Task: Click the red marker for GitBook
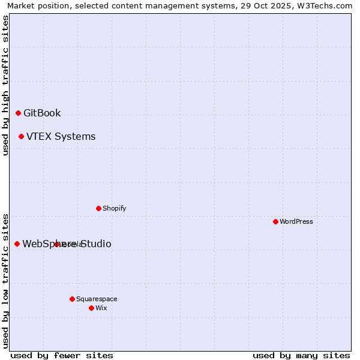tap(18, 113)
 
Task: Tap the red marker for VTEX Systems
tap(21, 137)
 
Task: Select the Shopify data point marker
tap(98, 208)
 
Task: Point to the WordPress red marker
tap(275, 221)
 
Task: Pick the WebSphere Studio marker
tap(17, 244)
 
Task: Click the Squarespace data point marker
tap(72, 299)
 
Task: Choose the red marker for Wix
tap(91, 308)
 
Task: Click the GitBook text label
tap(42, 113)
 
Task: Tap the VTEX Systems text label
tap(61, 137)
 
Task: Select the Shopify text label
tap(114, 208)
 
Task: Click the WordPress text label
tap(296, 221)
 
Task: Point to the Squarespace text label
tap(97, 299)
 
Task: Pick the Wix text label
tap(101, 308)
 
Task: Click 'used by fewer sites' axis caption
tap(62, 355)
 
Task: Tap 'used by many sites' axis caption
tap(301, 355)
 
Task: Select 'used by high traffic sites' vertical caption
tap(5, 85)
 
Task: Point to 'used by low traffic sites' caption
tap(5, 280)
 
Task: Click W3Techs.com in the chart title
tap(326, 6)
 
